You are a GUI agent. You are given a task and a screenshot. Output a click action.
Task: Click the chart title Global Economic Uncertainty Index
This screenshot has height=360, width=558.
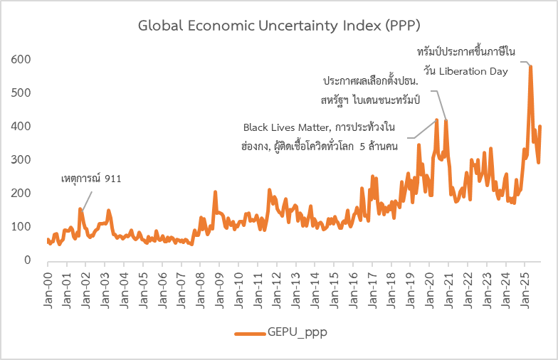click(279, 26)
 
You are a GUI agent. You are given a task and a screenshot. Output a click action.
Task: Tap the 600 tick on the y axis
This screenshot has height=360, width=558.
click(21, 59)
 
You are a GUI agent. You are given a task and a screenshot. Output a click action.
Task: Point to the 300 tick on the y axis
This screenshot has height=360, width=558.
click(21, 159)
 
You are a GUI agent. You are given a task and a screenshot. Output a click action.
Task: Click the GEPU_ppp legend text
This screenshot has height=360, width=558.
click(298, 332)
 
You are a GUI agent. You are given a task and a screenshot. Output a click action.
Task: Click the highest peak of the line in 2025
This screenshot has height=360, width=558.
click(530, 66)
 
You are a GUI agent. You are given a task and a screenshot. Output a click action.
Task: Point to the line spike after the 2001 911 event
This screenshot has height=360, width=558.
click(80, 209)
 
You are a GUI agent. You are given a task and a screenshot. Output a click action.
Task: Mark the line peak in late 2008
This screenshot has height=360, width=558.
click(215, 192)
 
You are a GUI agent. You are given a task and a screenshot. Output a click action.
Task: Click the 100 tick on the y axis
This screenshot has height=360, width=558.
click(21, 226)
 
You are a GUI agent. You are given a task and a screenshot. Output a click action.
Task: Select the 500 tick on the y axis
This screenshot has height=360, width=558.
click(21, 92)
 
